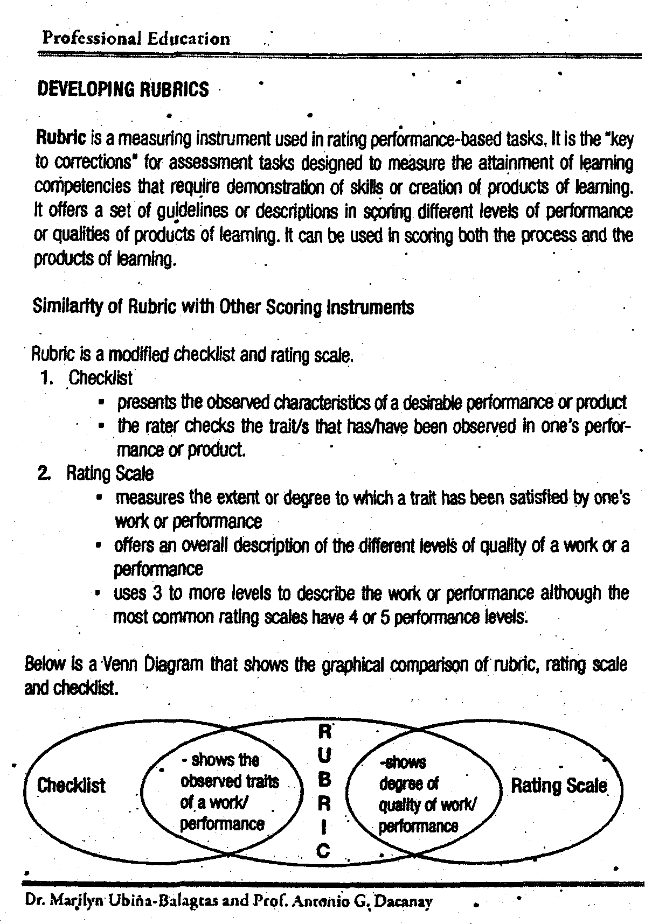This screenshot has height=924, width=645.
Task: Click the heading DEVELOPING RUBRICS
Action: click(122, 89)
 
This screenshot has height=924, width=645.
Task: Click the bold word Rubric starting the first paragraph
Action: click(61, 138)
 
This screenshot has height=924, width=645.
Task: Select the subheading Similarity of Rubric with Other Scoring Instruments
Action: click(223, 307)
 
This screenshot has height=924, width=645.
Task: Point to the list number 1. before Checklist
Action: click(46, 378)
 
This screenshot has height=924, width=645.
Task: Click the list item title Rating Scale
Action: click(110, 473)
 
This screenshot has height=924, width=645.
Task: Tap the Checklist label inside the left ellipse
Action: click(71, 786)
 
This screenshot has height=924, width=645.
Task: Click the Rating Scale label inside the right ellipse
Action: click(559, 786)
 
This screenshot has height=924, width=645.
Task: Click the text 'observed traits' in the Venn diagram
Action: click(230, 781)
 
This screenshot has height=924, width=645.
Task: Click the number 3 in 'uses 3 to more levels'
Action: click(157, 593)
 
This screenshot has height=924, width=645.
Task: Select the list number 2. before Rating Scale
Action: click(45, 474)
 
